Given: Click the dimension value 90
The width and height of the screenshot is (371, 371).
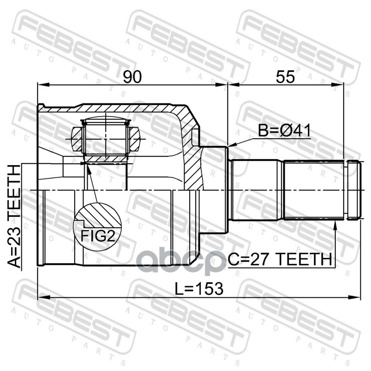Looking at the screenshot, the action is click(x=132, y=77).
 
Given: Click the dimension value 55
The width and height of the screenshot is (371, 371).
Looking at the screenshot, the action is click(x=285, y=77).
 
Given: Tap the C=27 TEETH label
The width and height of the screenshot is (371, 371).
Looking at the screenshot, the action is click(x=280, y=259).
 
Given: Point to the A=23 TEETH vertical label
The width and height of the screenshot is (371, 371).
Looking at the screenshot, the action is click(x=14, y=216).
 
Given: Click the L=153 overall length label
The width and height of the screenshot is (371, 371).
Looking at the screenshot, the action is click(x=199, y=288).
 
